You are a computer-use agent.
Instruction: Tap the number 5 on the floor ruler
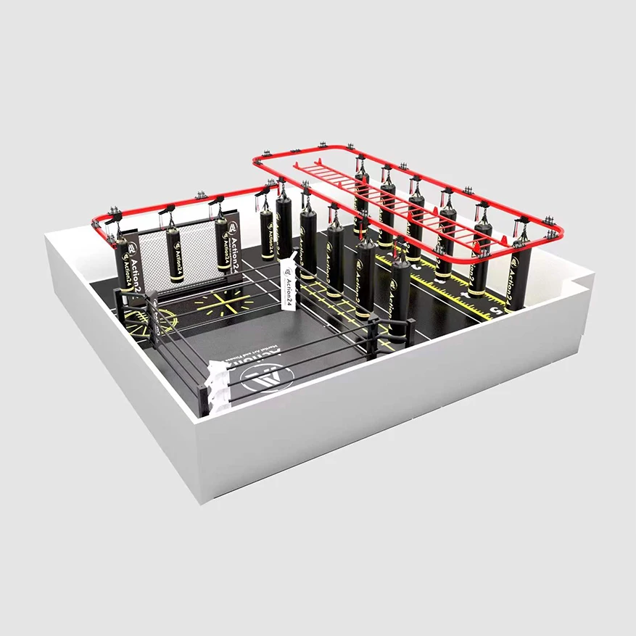pos(496,313)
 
